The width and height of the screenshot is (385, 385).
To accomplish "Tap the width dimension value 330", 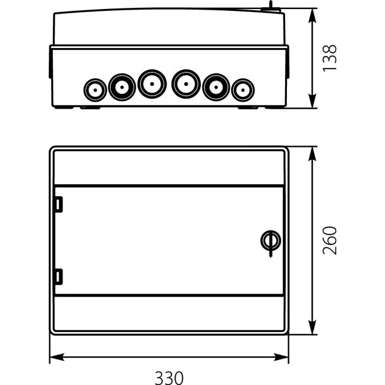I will [169, 377].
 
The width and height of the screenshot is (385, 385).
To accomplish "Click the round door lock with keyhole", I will [268, 241].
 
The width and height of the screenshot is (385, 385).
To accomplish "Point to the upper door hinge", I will [58, 205].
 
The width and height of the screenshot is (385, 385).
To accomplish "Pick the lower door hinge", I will [58, 277].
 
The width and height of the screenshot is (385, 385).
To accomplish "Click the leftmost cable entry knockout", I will [95, 91].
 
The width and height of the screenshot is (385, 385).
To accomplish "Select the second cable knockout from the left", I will [122, 87].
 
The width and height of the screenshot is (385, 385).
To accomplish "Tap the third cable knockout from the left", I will [152, 83].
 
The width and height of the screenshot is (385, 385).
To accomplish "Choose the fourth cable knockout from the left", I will [186, 83].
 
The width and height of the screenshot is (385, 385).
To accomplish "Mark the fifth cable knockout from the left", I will [215, 87].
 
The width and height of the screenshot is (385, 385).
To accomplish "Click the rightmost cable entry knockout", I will [242, 91].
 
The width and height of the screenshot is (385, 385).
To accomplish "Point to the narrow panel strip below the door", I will [169, 312].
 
